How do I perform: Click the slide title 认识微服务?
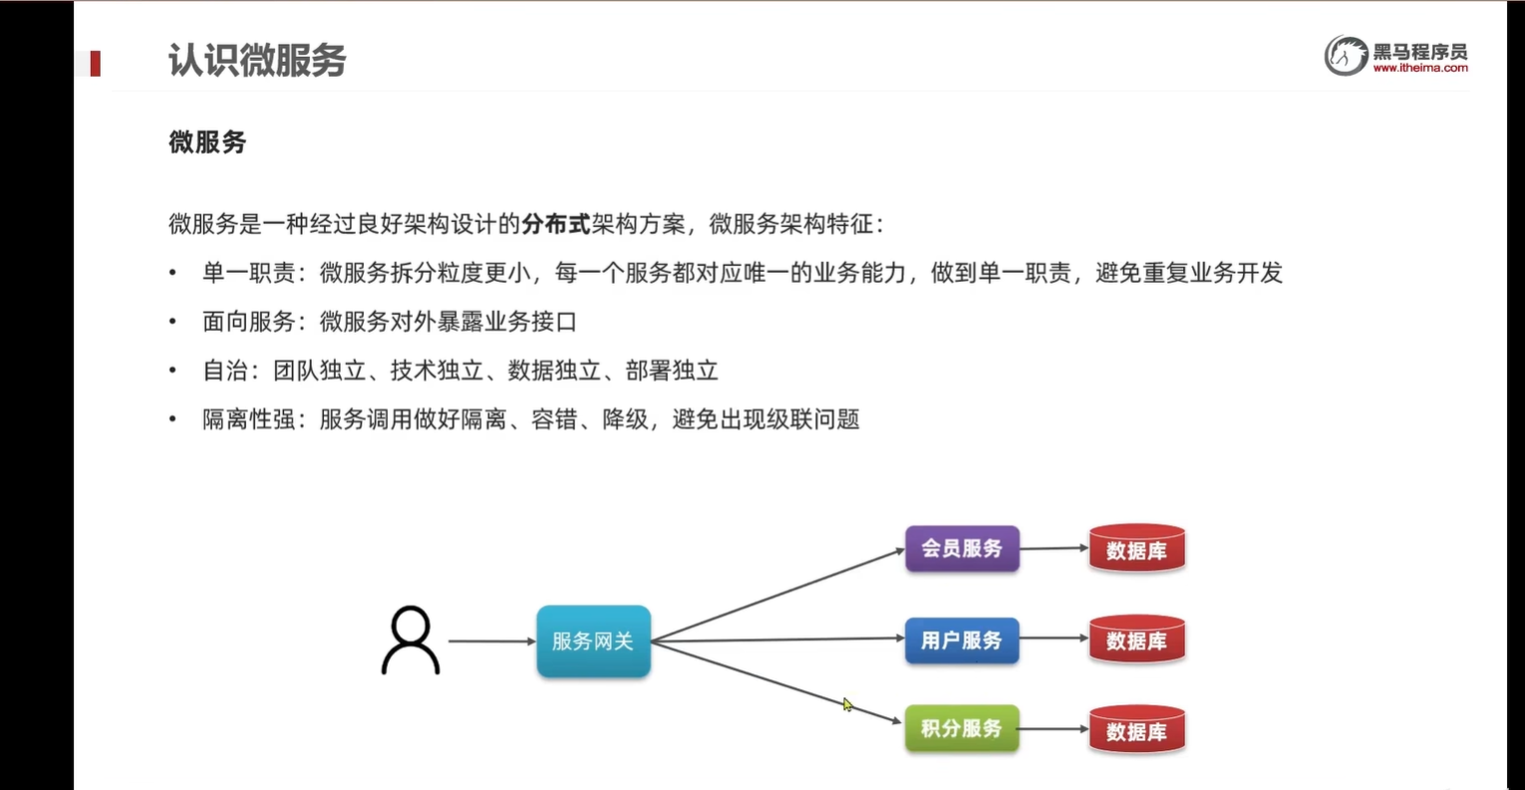(x=256, y=61)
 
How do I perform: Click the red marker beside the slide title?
(x=96, y=64)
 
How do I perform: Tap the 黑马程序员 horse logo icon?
(x=1345, y=56)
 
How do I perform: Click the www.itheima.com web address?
(x=1419, y=69)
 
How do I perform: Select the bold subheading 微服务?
(x=207, y=142)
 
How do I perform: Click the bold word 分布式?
(x=556, y=224)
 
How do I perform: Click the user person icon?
(x=410, y=641)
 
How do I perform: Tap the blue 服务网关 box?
(x=593, y=642)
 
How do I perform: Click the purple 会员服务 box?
(x=962, y=549)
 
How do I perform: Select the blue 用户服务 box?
(x=962, y=641)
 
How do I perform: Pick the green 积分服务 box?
(x=962, y=729)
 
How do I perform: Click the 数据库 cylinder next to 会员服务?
(x=1136, y=550)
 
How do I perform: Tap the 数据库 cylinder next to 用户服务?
(x=1136, y=641)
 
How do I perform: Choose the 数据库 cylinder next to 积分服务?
(x=1136, y=731)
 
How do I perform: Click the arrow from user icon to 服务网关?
(x=490, y=641)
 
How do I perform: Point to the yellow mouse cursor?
(x=847, y=705)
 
